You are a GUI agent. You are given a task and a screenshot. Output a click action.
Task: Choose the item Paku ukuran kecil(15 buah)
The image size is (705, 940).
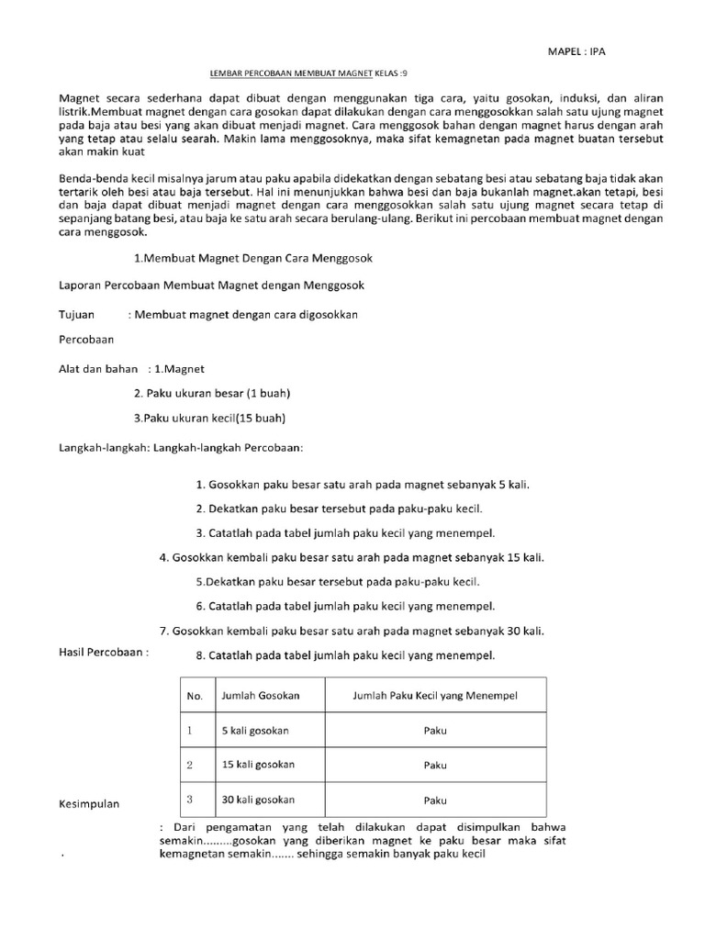[x=209, y=419]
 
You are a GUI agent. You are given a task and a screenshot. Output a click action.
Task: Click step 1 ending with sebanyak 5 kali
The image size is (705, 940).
[x=363, y=484]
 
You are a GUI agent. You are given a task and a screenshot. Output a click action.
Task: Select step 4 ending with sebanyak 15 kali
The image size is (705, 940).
[x=358, y=557]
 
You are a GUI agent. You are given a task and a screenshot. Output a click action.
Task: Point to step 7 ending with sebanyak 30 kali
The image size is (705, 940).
[x=352, y=631]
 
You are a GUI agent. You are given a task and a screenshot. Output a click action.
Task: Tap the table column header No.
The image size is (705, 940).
[x=194, y=697]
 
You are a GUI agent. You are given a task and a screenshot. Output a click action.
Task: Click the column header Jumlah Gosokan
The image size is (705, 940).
[x=260, y=697]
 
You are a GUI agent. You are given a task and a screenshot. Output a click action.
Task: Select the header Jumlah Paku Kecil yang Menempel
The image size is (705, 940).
[x=435, y=696]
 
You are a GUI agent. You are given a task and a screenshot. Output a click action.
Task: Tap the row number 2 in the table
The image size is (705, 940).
[x=190, y=764]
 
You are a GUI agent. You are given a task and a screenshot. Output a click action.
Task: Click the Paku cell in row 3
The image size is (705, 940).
[x=435, y=799]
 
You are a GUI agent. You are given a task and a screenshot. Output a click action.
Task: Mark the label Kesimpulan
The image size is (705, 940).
[x=90, y=804]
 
